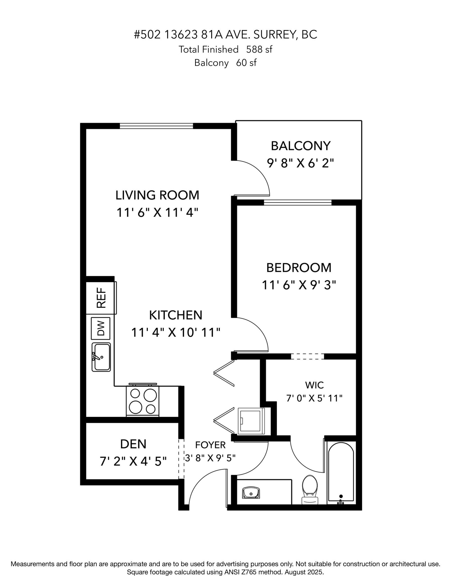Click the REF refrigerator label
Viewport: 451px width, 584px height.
click(101, 298)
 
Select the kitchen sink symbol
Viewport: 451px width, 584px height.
click(101, 357)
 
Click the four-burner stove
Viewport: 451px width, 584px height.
click(142, 401)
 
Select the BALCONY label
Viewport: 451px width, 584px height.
click(300, 146)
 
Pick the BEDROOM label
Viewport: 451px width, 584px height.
click(299, 268)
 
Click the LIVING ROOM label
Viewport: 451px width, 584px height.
click(157, 195)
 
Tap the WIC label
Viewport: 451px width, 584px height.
click(314, 385)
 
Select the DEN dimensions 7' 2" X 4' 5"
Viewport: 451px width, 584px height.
click(133, 461)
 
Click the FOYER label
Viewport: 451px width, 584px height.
click(210, 445)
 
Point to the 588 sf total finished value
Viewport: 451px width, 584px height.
click(259, 49)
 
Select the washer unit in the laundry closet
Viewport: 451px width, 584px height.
click(251, 421)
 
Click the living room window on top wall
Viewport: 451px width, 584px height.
click(156, 126)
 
